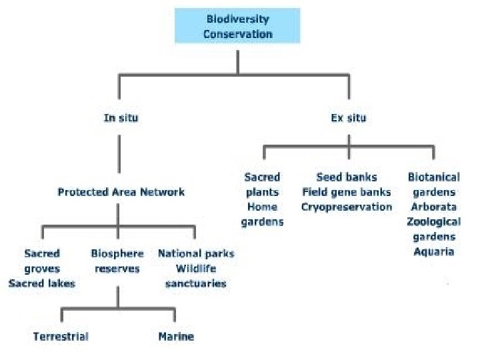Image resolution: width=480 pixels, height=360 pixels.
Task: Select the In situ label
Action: coord(121,118)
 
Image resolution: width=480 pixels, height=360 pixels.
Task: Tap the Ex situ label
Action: coord(348,118)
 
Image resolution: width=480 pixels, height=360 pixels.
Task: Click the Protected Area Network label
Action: coord(121,192)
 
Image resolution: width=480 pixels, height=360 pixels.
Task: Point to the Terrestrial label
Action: coord(61,336)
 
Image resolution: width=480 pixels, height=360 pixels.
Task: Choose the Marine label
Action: coord(176,336)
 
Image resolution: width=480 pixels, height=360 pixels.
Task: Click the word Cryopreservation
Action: coord(347,207)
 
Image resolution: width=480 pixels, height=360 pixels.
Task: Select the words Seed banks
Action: coord(347,177)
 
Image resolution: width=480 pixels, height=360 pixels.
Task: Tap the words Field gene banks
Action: coord(347,192)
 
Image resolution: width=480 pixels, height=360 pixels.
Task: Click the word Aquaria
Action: coord(433,251)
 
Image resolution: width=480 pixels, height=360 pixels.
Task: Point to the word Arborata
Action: coord(433,207)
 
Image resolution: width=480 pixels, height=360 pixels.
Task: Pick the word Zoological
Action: coord(433,221)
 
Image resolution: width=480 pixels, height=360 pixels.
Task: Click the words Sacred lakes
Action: coord(42,283)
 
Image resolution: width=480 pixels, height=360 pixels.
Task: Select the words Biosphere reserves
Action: coord(117,261)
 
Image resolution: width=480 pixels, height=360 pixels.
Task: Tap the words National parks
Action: coord(196,253)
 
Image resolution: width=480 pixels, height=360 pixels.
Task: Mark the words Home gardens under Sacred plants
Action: coord(262,214)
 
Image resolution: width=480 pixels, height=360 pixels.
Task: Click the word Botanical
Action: coord(433,177)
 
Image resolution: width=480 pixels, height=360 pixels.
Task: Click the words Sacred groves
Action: coord(42,261)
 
